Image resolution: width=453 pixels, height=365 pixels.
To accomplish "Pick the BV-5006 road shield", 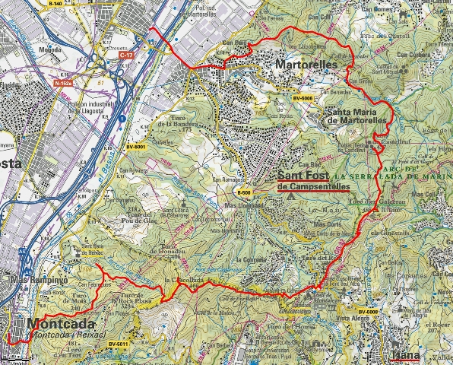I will point(303,99).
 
